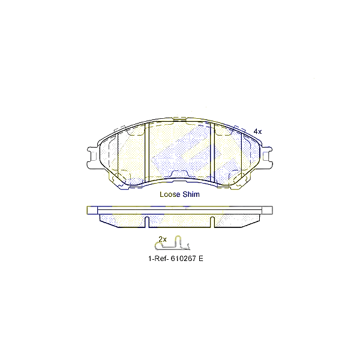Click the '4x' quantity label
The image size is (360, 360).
(x=258, y=131)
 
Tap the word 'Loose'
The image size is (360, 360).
(x=170, y=194)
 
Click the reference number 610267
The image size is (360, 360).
(x=186, y=259)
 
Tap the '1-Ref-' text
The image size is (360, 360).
(x=159, y=259)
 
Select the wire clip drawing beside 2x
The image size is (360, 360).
(x=175, y=244)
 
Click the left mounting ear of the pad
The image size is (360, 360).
(x=92, y=158)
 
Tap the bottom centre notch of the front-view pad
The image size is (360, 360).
(x=180, y=174)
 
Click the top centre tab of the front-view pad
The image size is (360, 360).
(x=180, y=118)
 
